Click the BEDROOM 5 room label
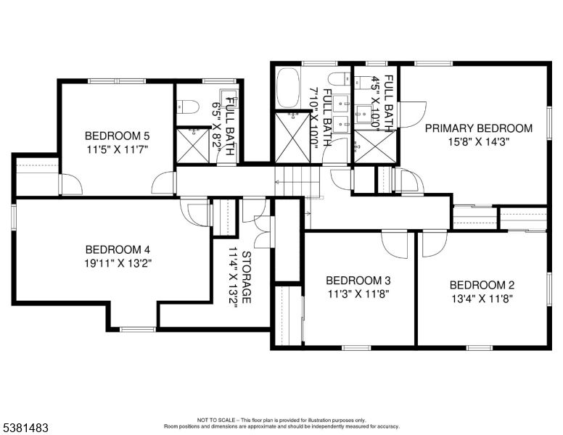[x=117, y=136]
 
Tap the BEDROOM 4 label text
[x=118, y=249]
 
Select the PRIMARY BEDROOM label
[x=479, y=128]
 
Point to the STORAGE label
[x=247, y=277]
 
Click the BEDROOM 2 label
[x=482, y=285]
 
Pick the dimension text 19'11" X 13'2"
[x=118, y=263]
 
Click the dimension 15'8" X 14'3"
[x=479, y=142]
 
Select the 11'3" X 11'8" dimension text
[x=358, y=294]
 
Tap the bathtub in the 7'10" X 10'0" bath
[x=288, y=88]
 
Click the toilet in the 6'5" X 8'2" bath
[x=187, y=107]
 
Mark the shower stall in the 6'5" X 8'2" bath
[x=193, y=145]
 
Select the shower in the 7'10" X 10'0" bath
[x=292, y=138]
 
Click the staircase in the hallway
[x=297, y=182]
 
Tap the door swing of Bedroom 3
[x=395, y=244]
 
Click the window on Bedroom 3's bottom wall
[x=356, y=347]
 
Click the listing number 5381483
[x=25, y=428]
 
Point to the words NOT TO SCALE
[x=216, y=420]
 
